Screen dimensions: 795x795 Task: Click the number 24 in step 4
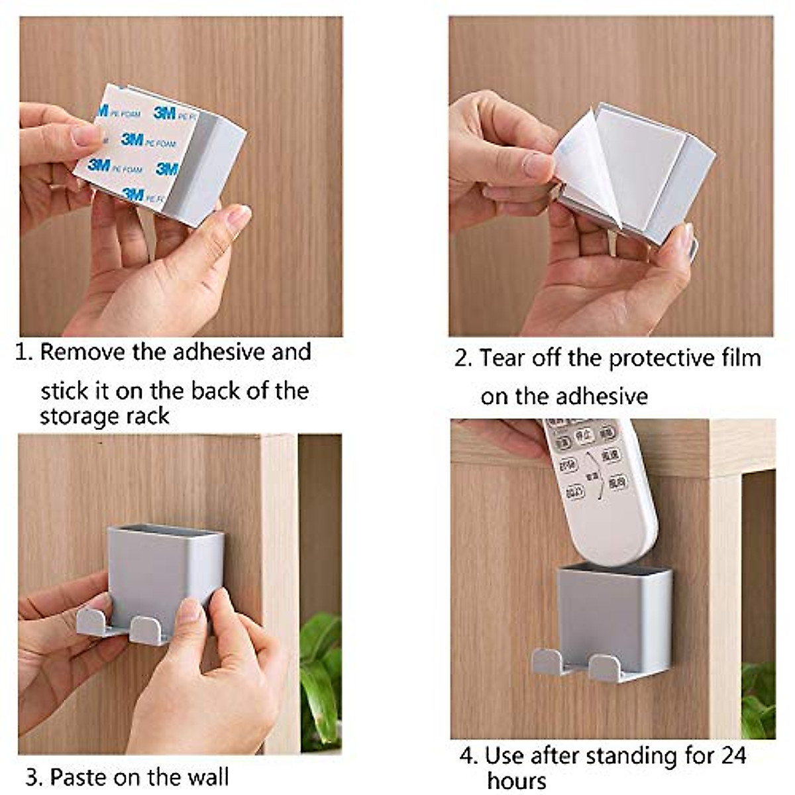point(733,755)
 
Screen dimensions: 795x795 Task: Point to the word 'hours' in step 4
point(517,780)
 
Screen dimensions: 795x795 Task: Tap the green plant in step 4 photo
point(758,702)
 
